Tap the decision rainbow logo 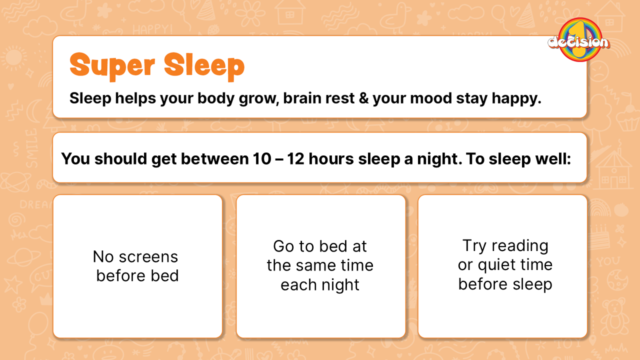pyautogui.click(x=579, y=39)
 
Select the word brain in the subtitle pyautogui.click(x=301, y=98)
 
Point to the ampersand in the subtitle pyautogui.click(x=363, y=98)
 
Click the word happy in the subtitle pyautogui.click(x=516, y=99)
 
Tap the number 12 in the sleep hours pyautogui.click(x=295, y=158)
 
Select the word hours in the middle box pyautogui.click(x=331, y=158)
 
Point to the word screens pyautogui.click(x=148, y=257)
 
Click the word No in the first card pyautogui.click(x=103, y=256)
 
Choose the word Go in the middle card pyautogui.click(x=283, y=246)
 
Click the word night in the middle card pyautogui.click(x=340, y=285)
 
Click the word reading pyautogui.click(x=519, y=246)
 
